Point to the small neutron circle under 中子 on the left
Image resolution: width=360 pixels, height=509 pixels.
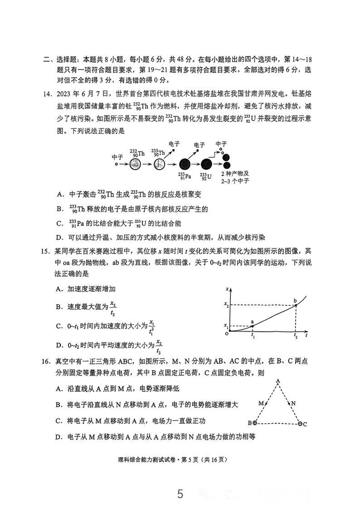(x=117, y=164)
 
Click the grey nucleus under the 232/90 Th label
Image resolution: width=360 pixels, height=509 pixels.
(x=135, y=164)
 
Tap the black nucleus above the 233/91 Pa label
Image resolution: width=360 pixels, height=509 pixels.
(x=184, y=164)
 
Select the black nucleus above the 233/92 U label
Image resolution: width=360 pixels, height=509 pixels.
(x=206, y=164)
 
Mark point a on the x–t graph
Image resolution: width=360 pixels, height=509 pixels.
(x=252, y=326)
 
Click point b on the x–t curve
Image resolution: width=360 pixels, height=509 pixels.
(x=296, y=305)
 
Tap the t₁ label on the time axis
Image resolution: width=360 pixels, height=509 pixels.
(x=253, y=337)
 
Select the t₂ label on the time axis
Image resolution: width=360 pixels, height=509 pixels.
(x=296, y=337)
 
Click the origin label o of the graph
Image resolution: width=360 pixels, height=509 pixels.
(x=226, y=333)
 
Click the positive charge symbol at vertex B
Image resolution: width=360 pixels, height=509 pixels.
(x=255, y=423)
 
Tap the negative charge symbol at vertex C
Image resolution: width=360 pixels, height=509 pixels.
(x=300, y=423)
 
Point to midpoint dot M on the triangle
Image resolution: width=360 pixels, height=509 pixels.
(x=266, y=403)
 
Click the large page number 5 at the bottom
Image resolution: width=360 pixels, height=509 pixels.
(x=180, y=494)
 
